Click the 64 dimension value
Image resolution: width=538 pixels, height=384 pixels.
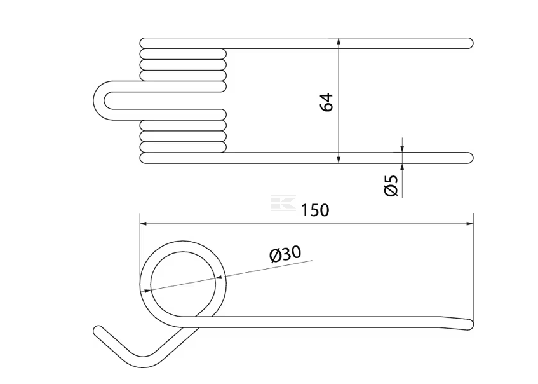pos(326,102)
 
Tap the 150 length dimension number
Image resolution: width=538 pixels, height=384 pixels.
pos(315,210)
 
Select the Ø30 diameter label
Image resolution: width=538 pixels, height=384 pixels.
pos(285,254)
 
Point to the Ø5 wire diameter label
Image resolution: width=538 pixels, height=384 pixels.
pos(391,185)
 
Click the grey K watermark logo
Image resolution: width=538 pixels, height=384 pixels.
pos(283,203)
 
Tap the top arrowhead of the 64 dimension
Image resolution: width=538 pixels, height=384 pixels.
pos(339,41)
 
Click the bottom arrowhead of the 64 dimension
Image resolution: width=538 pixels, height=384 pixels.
pos(339,160)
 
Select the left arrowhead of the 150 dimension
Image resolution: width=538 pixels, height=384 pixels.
pos(144,224)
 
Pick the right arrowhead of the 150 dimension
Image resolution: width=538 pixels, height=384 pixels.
pos(470,224)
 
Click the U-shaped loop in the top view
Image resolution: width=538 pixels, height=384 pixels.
pos(98,100)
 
